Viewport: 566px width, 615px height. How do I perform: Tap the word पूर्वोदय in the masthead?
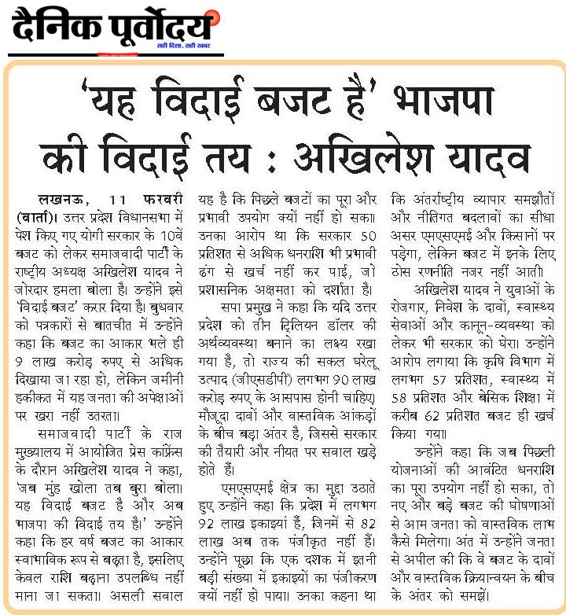(161, 29)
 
